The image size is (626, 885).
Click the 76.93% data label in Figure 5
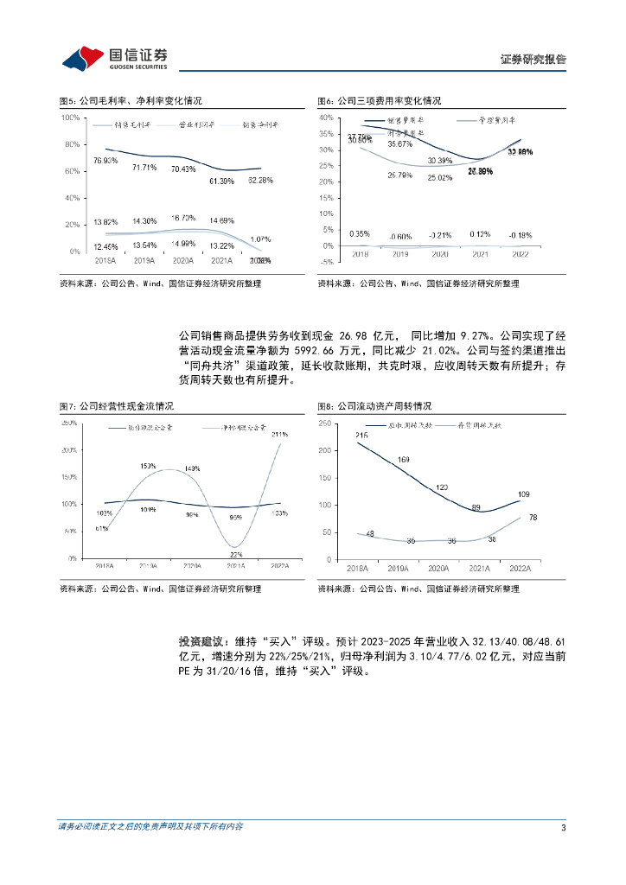(x=105, y=161)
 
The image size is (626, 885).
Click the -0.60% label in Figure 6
(x=399, y=237)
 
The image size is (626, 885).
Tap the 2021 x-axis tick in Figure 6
(x=479, y=255)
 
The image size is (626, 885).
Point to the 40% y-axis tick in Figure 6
(x=327, y=118)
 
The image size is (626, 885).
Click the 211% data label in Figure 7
(x=279, y=434)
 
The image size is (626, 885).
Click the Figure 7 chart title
(x=116, y=405)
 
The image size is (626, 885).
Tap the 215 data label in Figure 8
(x=361, y=435)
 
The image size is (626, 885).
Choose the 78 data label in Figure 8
(x=534, y=517)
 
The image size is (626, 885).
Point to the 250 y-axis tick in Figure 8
(x=326, y=423)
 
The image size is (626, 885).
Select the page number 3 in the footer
(x=564, y=828)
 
